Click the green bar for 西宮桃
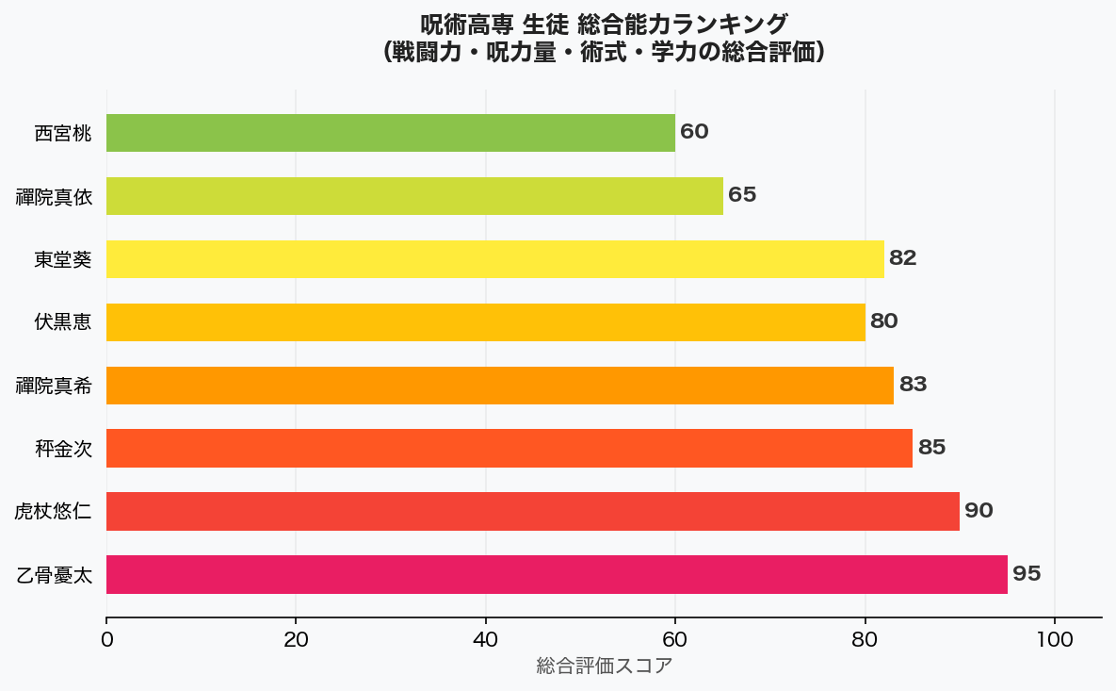coord(391,133)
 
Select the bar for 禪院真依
coord(414,196)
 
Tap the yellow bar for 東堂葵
coord(495,259)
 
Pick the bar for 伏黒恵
coord(486,321)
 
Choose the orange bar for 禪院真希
coord(500,385)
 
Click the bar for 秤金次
coord(509,448)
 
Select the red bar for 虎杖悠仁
coord(533,511)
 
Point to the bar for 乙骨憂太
coord(557,574)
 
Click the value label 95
coord(1027,574)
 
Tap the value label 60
coord(694,132)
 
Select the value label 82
coord(902,258)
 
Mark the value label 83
coord(912,385)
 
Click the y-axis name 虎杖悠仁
coord(53,512)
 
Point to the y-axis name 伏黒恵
coord(62,322)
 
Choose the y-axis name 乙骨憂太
coord(54,575)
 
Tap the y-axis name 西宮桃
coord(62,134)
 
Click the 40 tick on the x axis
coord(486,639)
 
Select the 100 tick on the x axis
coord(1055,639)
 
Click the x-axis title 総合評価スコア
coord(605,666)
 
